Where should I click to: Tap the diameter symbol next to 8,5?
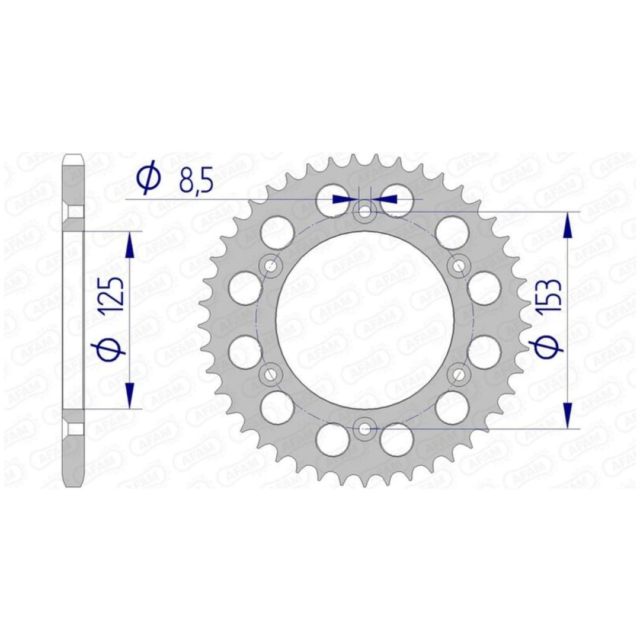point(149,177)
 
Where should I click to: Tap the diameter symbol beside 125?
point(110,345)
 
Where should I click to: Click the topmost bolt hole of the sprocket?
point(364,212)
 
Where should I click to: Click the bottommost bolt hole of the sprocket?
point(364,428)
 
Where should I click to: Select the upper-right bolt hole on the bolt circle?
point(459,266)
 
